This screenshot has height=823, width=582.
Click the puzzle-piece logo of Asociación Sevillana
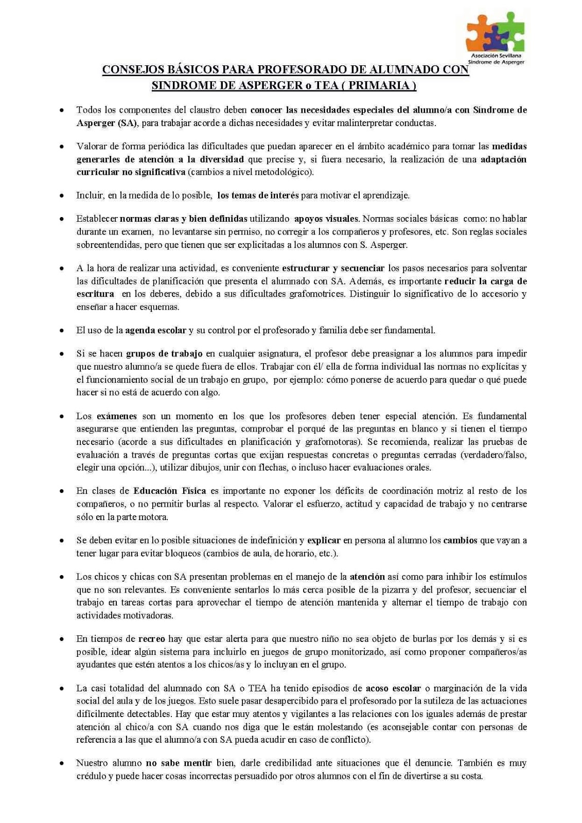click(495, 32)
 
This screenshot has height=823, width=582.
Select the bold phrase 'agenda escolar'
click(155, 330)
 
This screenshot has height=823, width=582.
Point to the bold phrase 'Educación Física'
click(169, 491)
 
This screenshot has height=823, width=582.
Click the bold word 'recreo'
click(152, 639)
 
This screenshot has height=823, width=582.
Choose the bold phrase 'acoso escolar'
click(393, 688)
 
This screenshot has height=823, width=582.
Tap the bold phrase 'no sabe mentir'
click(179, 763)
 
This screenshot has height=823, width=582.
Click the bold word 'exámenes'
click(117, 416)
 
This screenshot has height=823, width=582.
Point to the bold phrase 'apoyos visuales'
click(326, 219)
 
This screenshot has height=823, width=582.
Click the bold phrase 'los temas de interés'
click(258, 195)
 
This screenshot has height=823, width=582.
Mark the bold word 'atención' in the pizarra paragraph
click(367, 577)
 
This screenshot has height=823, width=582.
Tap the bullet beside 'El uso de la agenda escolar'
click(62, 331)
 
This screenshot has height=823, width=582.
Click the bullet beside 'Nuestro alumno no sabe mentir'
click(62, 763)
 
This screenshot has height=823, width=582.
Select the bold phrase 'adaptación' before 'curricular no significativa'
click(503, 159)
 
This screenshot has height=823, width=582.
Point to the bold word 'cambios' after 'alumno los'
click(461, 541)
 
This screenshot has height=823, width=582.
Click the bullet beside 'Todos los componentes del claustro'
click(62, 110)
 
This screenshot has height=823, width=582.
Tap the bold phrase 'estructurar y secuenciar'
click(333, 268)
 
